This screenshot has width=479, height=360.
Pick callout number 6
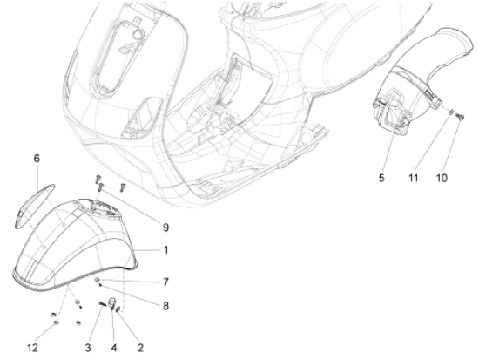point(37,159)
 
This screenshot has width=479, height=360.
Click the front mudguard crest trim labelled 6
point(42,193)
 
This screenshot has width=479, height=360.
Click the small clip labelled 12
point(55,321)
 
